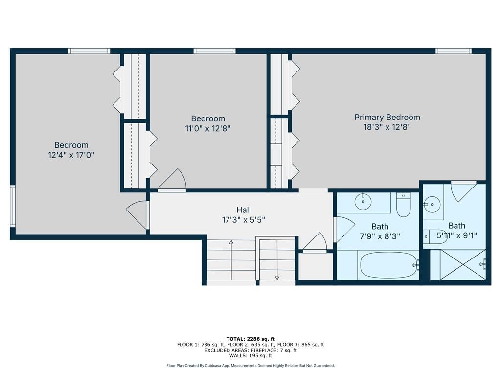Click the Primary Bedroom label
click(x=387, y=117)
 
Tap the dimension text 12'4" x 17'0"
click(x=71, y=155)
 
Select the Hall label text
click(x=244, y=210)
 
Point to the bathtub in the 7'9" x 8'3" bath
click(x=389, y=265)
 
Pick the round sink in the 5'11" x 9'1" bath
click(x=433, y=204)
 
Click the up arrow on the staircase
click(x=231, y=259)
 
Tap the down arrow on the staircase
click(x=277, y=259)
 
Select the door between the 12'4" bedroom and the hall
click(x=138, y=215)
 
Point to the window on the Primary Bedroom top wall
click(x=454, y=51)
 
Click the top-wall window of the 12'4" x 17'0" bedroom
click(x=89, y=51)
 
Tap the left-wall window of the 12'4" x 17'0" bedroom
click(x=13, y=206)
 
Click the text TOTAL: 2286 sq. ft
click(x=250, y=339)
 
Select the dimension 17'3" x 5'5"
click(x=244, y=220)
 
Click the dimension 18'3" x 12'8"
click(x=387, y=127)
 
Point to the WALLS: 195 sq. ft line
click(x=250, y=355)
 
